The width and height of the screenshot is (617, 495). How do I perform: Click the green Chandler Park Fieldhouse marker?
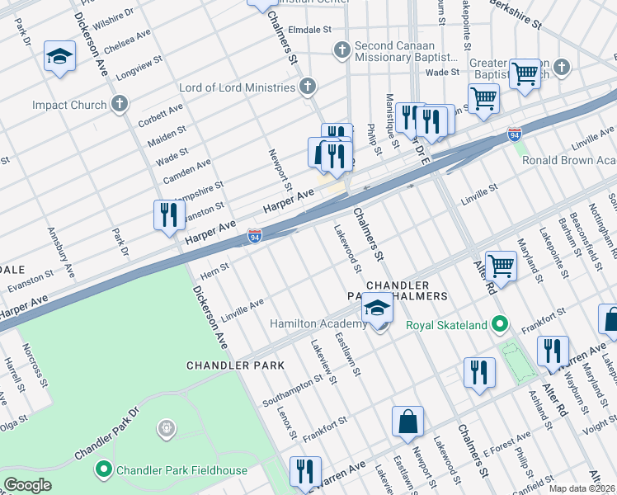point(104,470)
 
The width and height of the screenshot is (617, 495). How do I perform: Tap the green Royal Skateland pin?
point(499,325)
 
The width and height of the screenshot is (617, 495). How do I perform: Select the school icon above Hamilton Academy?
point(377,308)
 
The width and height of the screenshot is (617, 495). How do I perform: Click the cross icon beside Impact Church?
point(120,105)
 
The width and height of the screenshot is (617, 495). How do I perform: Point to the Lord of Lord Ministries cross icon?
point(308,87)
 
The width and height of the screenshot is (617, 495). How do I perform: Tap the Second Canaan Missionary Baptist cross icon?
point(341,51)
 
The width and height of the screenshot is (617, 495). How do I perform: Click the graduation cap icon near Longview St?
point(59,56)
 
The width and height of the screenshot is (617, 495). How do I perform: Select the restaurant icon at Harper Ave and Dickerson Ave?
point(168,215)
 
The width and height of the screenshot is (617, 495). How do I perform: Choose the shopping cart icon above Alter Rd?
point(501,266)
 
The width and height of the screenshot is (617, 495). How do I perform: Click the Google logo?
point(28,484)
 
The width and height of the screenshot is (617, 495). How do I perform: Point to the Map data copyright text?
point(582,488)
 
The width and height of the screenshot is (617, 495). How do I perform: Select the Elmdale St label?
point(308,29)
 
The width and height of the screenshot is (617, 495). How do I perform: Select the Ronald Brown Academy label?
point(569,160)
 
